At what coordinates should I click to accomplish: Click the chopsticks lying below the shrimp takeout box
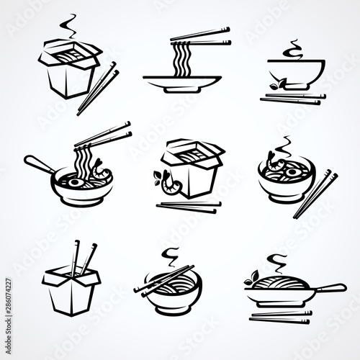[x=189, y=207]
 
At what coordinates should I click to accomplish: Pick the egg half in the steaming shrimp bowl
[x=291, y=171]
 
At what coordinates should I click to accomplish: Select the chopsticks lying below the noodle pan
[x=281, y=316]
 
